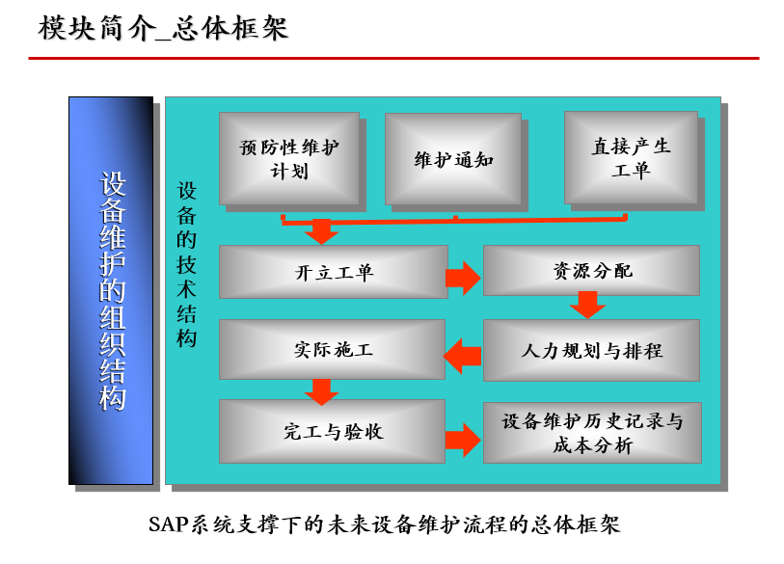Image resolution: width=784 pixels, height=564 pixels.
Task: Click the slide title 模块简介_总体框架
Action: pyautogui.click(x=163, y=28)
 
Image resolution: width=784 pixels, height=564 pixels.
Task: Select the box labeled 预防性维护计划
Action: pyautogui.click(x=289, y=159)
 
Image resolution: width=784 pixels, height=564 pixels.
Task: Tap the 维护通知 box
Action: pyautogui.click(x=453, y=159)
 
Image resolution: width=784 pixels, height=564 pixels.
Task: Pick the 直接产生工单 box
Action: pyautogui.click(x=631, y=158)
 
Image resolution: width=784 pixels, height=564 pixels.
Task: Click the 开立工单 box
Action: pyautogui.click(x=333, y=271)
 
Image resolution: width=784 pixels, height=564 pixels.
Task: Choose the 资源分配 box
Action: pyautogui.click(x=590, y=270)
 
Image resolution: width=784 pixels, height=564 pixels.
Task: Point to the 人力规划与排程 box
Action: pyautogui.click(x=590, y=350)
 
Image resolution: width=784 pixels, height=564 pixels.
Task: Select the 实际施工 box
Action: pyautogui.click(x=332, y=349)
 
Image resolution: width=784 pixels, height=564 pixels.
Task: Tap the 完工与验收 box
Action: pyautogui.click(x=332, y=431)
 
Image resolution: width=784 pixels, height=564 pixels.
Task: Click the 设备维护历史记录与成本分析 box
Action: pyautogui.click(x=591, y=433)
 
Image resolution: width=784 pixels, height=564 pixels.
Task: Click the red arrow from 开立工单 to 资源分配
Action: pyautogui.click(x=464, y=278)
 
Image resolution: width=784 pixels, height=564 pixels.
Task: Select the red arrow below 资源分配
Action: pyautogui.click(x=586, y=307)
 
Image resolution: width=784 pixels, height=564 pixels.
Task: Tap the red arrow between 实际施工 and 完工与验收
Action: pyautogui.click(x=320, y=390)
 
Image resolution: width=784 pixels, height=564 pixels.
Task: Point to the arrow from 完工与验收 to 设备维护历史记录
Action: pyautogui.click(x=463, y=441)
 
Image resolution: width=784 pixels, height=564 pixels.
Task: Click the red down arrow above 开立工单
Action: pyautogui.click(x=320, y=231)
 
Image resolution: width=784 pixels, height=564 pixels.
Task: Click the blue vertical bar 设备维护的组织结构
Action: pyautogui.click(x=111, y=290)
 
